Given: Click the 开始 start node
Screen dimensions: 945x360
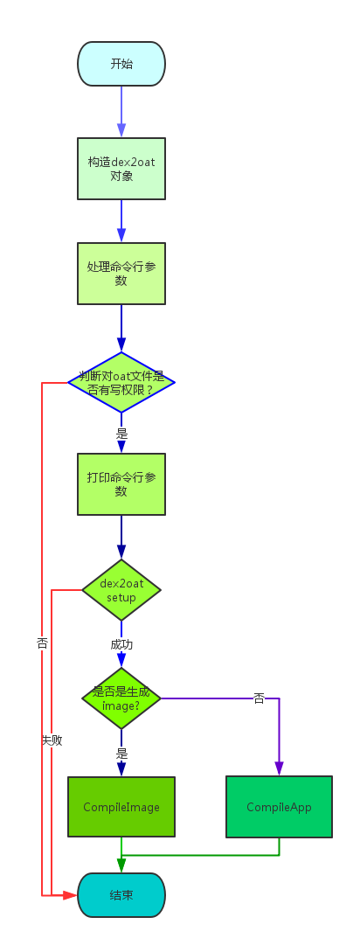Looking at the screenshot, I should (121, 64).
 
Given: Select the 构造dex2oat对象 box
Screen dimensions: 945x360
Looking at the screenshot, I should (121, 169).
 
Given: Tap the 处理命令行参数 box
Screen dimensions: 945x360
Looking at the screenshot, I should (121, 274).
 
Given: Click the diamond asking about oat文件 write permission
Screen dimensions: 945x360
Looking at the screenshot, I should (121, 382).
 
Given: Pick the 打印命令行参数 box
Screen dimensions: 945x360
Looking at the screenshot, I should (121, 484).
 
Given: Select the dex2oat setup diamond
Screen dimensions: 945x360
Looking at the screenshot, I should (121, 590).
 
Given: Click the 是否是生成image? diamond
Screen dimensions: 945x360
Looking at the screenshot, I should (121, 698).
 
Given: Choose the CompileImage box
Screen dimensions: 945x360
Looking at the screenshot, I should (121, 807).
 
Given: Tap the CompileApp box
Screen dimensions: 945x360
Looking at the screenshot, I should (279, 807).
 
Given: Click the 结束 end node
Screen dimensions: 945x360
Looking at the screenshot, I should (121, 895).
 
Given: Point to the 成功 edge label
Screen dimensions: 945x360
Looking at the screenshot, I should (121, 644).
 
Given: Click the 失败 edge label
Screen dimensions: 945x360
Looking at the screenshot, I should (52, 740).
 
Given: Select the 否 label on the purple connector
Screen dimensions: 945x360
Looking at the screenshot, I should (259, 698).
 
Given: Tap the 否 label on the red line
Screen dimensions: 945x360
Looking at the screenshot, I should (42, 643).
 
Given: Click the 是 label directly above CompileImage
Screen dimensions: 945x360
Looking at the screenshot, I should (121, 753).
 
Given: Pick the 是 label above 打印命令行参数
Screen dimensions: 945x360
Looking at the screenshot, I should (121, 433).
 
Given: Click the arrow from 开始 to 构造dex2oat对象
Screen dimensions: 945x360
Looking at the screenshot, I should (121, 111).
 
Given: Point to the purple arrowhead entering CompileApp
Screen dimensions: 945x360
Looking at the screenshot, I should (279, 768).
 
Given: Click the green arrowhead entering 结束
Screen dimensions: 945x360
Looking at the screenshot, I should (121, 865).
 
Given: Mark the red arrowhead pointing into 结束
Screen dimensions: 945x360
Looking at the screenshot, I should (71, 895).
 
